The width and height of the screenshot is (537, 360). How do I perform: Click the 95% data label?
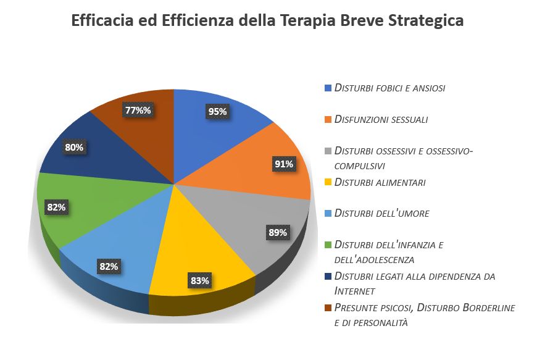tap(217, 112)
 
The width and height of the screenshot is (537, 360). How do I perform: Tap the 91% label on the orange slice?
tap(285, 164)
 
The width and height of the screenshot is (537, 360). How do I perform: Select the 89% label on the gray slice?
tap(277, 233)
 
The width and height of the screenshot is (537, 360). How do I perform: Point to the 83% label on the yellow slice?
tap(199, 281)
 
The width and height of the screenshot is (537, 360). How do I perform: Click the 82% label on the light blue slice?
tap(109, 267)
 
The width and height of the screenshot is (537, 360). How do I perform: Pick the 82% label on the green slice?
tap(56, 207)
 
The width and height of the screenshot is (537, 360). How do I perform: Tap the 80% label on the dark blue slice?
tap(74, 148)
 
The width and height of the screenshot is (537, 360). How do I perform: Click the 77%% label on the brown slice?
tap(138, 111)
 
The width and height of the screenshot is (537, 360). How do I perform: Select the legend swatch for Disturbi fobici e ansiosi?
tap(328, 88)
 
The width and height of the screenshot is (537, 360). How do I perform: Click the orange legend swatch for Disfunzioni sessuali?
tap(328, 119)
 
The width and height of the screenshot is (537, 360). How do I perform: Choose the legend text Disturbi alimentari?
tap(380, 182)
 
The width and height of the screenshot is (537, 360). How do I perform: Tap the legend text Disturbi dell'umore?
tap(381, 213)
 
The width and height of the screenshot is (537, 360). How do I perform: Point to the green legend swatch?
tap(328, 245)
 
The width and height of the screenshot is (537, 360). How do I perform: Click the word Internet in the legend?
tap(352, 291)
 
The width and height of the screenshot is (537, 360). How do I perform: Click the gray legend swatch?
tap(328, 151)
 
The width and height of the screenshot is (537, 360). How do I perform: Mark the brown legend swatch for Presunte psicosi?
tap(328, 308)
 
